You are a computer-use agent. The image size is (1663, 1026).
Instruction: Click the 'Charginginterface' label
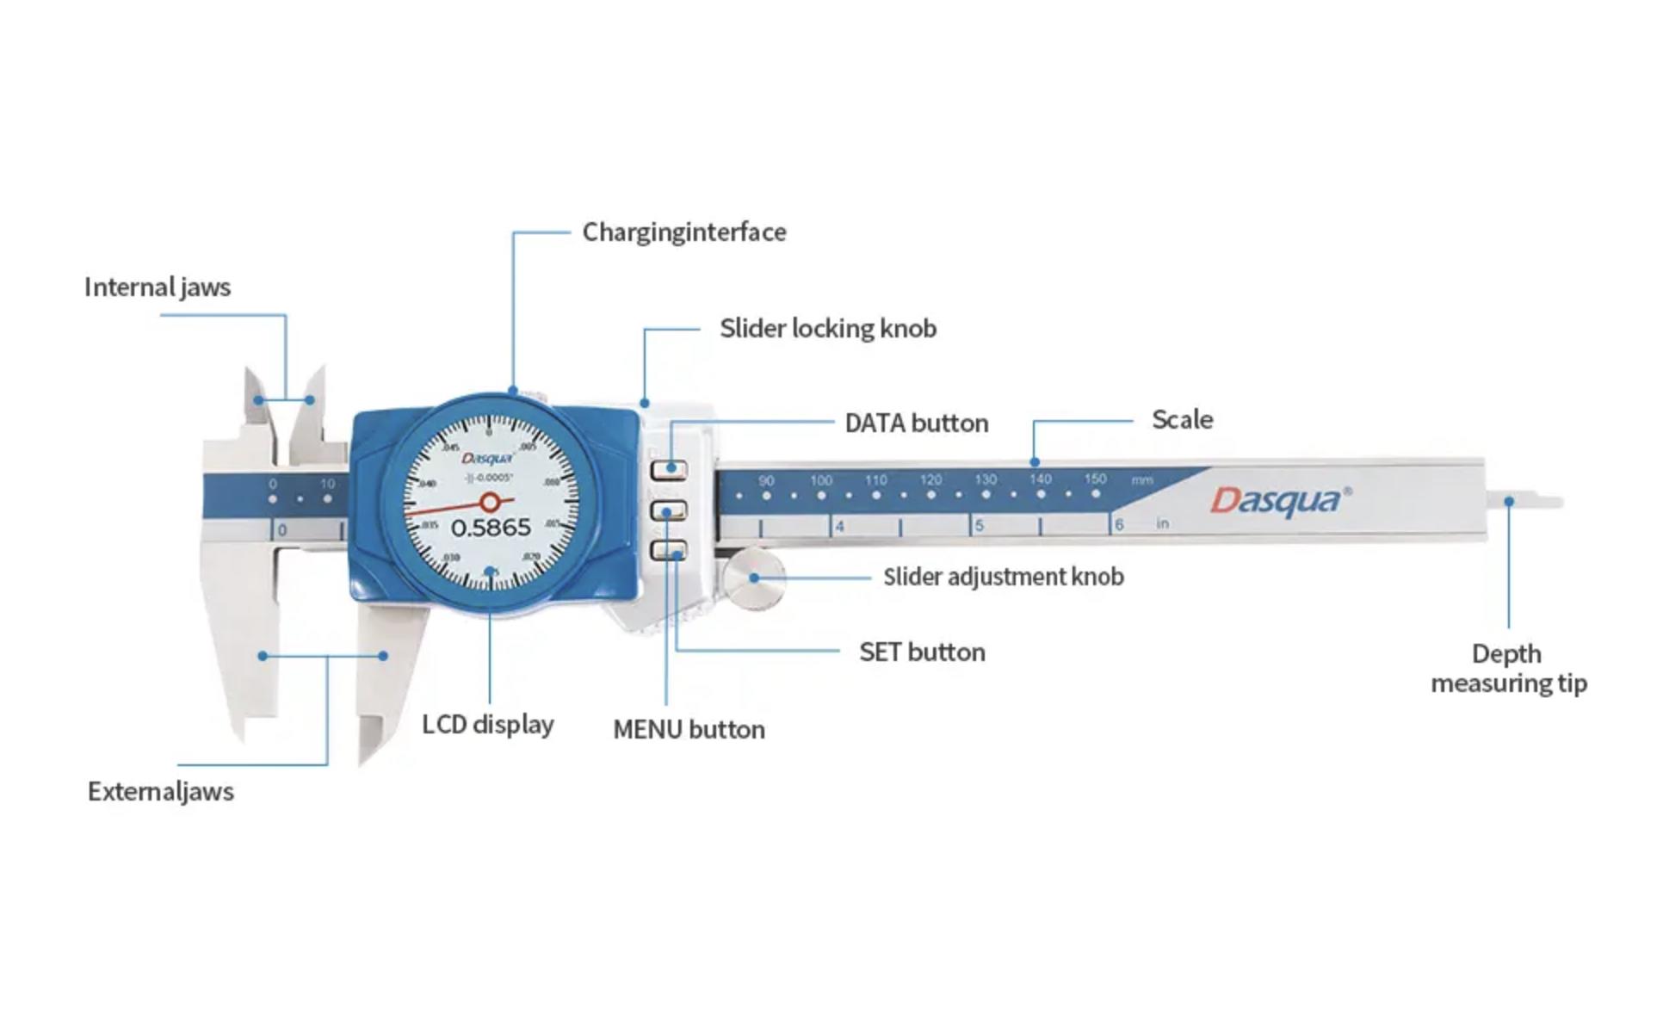(x=684, y=232)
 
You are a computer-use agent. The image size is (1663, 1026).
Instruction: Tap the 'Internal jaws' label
(x=158, y=287)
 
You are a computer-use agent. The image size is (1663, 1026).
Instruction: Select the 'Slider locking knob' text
(x=828, y=329)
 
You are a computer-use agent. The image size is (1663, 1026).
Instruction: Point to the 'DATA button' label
(x=917, y=423)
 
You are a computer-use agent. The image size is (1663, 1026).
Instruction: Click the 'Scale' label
(x=1183, y=420)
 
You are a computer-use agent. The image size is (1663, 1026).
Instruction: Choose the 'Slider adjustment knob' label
(x=1004, y=577)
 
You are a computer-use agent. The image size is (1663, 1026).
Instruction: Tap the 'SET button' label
(x=922, y=652)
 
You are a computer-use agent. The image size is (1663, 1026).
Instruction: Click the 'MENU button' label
(x=689, y=730)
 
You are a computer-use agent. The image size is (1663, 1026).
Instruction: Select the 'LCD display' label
(x=488, y=725)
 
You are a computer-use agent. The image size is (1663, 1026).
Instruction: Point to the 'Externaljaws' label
(x=161, y=792)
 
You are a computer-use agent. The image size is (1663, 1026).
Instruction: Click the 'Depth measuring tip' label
(x=1508, y=669)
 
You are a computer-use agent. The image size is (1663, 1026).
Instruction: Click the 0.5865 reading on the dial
(x=491, y=528)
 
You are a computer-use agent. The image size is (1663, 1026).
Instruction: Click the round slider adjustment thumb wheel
(x=754, y=578)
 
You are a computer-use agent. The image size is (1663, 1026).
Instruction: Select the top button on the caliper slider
(x=670, y=470)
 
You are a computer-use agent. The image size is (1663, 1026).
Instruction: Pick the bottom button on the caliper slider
(x=670, y=551)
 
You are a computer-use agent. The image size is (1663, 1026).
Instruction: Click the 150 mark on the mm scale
(x=1095, y=479)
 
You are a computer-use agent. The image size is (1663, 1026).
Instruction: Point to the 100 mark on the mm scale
(x=821, y=480)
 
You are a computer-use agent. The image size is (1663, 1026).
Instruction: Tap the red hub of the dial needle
(x=490, y=502)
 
